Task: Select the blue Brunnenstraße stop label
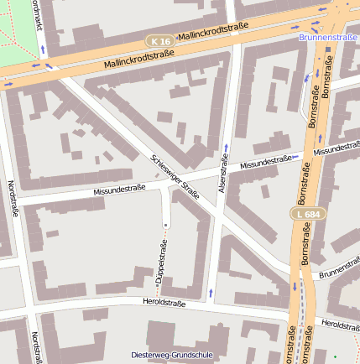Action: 328,37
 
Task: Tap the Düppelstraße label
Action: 159,268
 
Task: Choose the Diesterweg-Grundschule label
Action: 172,355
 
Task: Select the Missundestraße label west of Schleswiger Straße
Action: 119,191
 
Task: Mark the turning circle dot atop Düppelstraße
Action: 166,226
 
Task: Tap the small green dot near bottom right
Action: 334,357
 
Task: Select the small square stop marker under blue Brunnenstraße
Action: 328,48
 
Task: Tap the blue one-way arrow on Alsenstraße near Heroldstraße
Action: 211,292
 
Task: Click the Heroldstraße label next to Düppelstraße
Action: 164,300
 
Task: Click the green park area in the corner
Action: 13,29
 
